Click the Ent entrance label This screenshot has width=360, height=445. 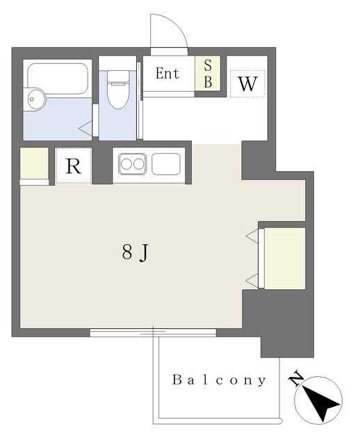[x=167, y=73]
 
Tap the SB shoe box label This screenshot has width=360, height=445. [x=208, y=74]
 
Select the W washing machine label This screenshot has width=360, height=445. [x=247, y=83]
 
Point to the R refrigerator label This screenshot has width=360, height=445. [x=74, y=166]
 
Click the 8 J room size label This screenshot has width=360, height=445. [x=136, y=252]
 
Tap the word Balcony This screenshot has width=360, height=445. [x=219, y=380]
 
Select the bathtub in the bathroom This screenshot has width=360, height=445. [x=58, y=79]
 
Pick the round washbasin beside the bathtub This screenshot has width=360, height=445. [x=35, y=99]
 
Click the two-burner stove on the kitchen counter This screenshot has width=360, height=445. [x=133, y=164]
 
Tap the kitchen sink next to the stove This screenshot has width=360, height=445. [x=166, y=164]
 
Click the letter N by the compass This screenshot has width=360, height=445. [x=295, y=378]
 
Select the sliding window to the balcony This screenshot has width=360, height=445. [x=153, y=332]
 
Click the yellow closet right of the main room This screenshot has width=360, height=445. [x=285, y=258]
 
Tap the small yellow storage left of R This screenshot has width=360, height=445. [x=34, y=163]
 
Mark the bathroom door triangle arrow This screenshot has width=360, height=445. [x=85, y=129]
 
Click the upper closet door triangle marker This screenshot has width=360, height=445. [x=252, y=236]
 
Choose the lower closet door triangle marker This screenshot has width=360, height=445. [x=252, y=281]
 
